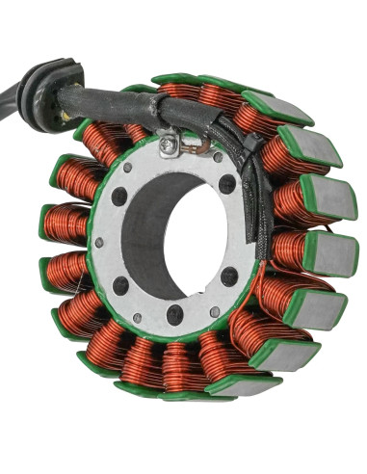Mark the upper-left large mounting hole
point(118,197)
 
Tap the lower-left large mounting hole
point(120,285)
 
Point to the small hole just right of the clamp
point(218,157)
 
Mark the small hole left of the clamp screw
point(143,163)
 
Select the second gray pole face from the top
point(312,146)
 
